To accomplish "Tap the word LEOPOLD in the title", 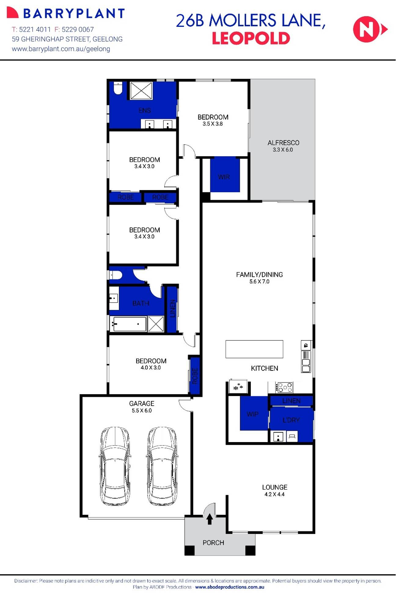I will pyautogui.click(x=251, y=38).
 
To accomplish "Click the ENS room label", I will pyautogui.click(x=145, y=110).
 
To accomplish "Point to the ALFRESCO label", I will pyautogui.click(x=283, y=143).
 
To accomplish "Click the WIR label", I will pyautogui.click(x=224, y=177).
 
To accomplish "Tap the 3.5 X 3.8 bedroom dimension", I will pyautogui.click(x=213, y=124).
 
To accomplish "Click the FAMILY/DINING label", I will pyautogui.click(x=259, y=275).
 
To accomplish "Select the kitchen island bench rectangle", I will pyautogui.click(x=254, y=349).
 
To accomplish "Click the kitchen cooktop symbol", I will pyautogui.click(x=284, y=387).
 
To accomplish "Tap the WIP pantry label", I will pyautogui.click(x=252, y=414).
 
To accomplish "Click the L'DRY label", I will pyautogui.click(x=291, y=420).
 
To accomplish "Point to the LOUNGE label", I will pyautogui.click(x=274, y=487).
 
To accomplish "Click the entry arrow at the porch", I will pyautogui.click(x=210, y=519).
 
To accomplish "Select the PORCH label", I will pyautogui.click(x=213, y=543).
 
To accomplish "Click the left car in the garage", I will pyautogui.click(x=115, y=466).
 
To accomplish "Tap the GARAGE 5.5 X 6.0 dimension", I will pyautogui.click(x=142, y=411).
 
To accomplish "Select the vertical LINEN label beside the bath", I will pyautogui.click(x=172, y=308).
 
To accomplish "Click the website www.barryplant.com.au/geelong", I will pyautogui.click(x=61, y=49).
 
